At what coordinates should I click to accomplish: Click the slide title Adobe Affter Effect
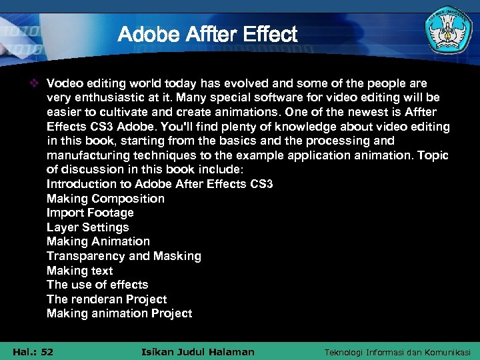[207, 34]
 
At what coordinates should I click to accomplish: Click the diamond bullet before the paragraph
[37, 83]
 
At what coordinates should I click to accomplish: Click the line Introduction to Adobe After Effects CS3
[159, 184]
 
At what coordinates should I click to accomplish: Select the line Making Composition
[105, 199]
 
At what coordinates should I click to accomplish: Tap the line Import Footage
[90, 213]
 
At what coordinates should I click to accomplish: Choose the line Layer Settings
[87, 227]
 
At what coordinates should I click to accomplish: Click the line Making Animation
[98, 241]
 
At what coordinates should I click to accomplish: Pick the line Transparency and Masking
[123, 256]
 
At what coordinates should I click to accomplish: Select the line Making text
[79, 271]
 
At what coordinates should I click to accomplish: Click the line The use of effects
[97, 285]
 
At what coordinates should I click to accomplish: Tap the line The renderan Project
[107, 299]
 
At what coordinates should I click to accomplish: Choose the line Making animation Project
[119, 313]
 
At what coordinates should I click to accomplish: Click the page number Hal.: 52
[33, 351]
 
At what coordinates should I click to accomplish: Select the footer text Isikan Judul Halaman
[199, 351]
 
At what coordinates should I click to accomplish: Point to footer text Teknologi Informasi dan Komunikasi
[397, 351]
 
